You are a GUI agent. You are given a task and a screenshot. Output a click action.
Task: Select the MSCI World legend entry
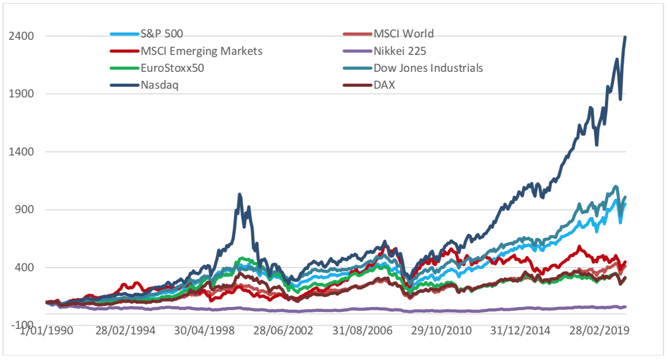[x=404, y=33]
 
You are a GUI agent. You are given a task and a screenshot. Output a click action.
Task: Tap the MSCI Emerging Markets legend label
[x=202, y=51]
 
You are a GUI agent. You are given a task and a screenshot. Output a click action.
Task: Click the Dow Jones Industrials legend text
[x=428, y=68]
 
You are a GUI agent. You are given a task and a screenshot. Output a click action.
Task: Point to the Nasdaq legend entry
[x=160, y=86]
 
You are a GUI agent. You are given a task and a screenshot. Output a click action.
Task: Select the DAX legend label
[x=384, y=86]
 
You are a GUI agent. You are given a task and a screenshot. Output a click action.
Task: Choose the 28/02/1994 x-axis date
[x=125, y=331]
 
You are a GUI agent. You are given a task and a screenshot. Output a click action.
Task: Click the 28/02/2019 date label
[x=598, y=331]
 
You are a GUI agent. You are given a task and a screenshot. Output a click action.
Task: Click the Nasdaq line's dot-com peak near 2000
[x=240, y=194]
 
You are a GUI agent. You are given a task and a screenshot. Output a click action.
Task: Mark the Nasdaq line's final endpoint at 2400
[x=625, y=37]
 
